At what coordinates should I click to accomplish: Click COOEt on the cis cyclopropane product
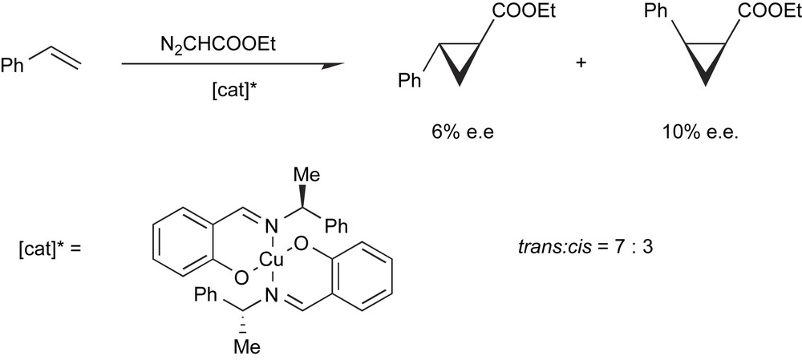[756, 12]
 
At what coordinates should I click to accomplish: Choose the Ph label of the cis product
[655, 12]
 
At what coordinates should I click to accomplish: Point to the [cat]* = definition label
[49, 247]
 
